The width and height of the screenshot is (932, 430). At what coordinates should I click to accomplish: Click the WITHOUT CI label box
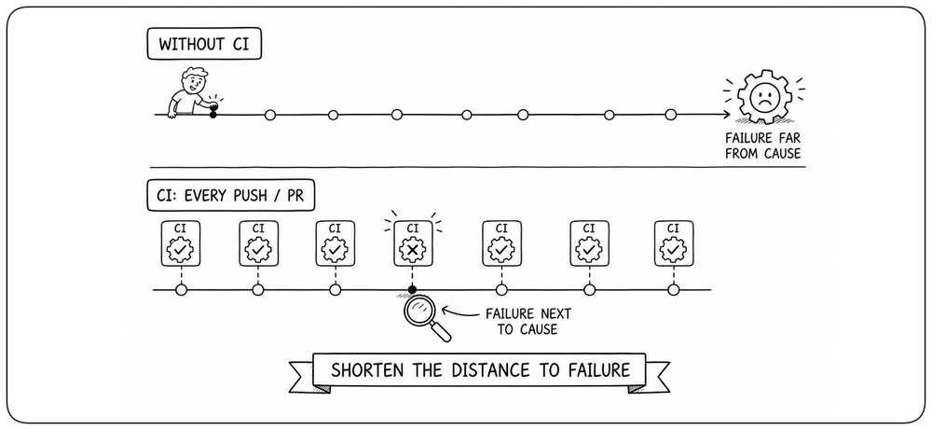click(204, 44)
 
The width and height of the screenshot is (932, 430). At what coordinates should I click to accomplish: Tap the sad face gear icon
click(764, 96)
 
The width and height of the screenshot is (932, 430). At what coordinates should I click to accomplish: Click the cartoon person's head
click(195, 80)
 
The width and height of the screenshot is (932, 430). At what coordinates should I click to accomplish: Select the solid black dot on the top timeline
click(212, 114)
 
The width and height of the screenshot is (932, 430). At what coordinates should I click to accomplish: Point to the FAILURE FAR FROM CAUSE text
click(762, 146)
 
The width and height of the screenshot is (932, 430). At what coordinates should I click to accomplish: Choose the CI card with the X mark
click(413, 243)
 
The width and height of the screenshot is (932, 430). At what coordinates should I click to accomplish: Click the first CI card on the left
click(181, 243)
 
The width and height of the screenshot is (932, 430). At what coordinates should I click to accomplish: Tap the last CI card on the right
click(674, 243)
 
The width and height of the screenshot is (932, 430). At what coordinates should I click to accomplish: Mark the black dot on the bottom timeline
click(413, 290)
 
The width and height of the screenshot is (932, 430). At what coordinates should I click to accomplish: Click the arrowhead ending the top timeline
click(726, 114)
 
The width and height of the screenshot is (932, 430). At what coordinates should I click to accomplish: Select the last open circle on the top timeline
click(670, 114)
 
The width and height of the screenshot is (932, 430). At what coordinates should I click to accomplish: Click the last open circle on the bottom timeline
click(674, 290)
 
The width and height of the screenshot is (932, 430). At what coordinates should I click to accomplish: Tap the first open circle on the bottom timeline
click(182, 290)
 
